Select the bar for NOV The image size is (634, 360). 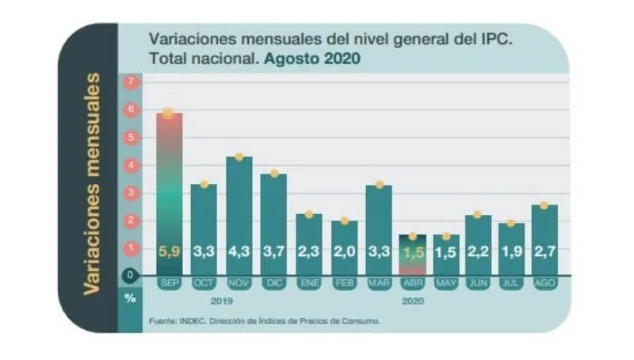coord(239,215)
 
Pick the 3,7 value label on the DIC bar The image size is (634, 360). coord(274,253)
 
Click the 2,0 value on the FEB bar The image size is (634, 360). coord(343,253)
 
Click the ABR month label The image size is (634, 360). coord(413,284)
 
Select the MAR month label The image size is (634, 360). coord(378,284)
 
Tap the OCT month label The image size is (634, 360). coord(204,284)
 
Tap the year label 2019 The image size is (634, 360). coord(223,301)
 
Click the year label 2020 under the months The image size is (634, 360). coord(413,301)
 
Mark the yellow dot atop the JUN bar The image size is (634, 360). coord(477,215)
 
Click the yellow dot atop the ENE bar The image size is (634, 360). coord(309,215)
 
